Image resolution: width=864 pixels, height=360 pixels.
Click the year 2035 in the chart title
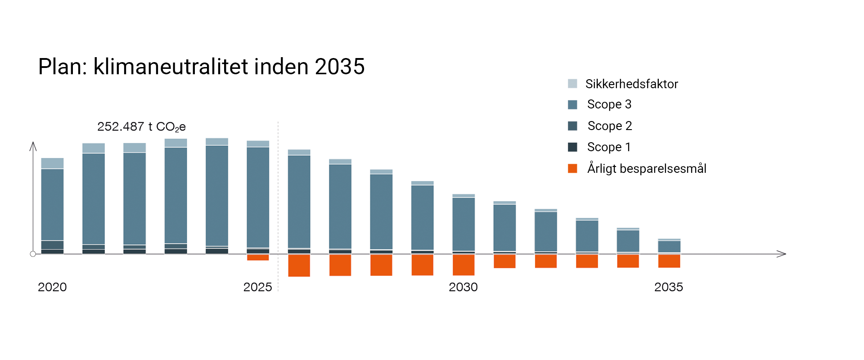[x=339, y=67]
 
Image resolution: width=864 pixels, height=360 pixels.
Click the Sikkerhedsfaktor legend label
[x=631, y=84]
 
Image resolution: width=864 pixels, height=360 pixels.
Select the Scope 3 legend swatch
[x=572, y=105]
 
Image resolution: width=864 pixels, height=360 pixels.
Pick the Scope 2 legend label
[x=610, y=126]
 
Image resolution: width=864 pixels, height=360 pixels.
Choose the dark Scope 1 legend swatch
[x=572, y=147]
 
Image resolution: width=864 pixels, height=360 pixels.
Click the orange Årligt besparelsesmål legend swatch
[x=572, y=169]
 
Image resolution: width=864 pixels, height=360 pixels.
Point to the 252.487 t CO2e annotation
[x=141, y=127]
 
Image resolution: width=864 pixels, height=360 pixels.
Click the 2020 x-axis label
[x=52, y=287]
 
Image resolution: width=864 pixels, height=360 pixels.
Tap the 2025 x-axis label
[x=257, y=287]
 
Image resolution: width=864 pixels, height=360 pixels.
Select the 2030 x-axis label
[x=463, y=287]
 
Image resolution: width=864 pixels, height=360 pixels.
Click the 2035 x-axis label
[x=668, y=287]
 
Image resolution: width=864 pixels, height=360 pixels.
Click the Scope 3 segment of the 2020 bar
[x=52, y=205]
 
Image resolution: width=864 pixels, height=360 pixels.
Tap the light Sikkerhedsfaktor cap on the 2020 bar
[x=52, y=163]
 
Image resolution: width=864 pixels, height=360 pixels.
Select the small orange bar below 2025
[x=258, y=257]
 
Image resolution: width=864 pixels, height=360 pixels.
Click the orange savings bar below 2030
[x=463, y=265]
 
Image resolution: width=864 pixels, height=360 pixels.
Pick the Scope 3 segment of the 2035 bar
[x=669, y=247]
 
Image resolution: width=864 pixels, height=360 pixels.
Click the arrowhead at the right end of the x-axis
[x=782, y=254]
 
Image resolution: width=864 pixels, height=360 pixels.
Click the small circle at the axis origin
[x=33, y=254]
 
